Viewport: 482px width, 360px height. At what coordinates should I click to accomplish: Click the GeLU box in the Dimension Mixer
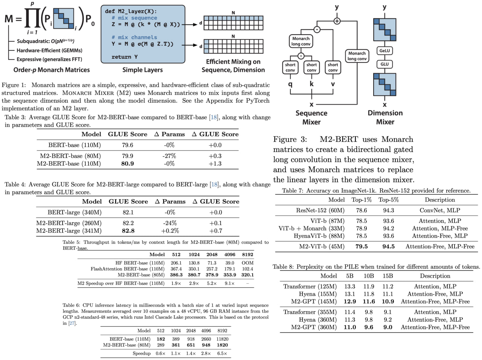(384, 51)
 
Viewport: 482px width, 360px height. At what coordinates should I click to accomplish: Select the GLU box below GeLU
(384, 64)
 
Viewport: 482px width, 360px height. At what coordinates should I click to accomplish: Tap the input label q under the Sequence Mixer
(290, 84)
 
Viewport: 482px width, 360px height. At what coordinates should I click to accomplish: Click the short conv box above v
(333, 67)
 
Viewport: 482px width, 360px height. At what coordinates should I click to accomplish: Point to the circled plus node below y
(337, 21)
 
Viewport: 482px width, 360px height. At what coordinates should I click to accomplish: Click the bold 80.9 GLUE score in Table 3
(128, 164)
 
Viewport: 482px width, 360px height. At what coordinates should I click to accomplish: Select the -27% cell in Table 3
(169, 156)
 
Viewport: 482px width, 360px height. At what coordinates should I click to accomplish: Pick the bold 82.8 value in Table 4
(128, 231)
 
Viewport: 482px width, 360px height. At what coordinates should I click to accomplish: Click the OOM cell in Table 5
(247, 263)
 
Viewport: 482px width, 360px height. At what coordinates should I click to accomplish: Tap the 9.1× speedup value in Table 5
(230, 283)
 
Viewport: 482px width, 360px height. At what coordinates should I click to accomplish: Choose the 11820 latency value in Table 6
(222, 339)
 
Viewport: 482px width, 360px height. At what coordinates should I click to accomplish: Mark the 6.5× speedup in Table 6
(222, 353)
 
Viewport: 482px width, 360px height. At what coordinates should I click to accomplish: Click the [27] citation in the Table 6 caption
(72, 323)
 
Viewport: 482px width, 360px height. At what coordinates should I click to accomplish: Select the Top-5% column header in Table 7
(388, 200)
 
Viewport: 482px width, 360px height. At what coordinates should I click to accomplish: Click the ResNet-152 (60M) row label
(320, 210)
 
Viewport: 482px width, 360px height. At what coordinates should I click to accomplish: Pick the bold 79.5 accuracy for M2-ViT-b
(361, 246)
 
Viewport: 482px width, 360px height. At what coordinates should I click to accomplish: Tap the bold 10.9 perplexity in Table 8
(388, 301)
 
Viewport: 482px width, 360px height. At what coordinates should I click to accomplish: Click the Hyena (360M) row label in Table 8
(318, 319)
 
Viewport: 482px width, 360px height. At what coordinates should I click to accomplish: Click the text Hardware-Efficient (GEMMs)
(49, 50)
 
